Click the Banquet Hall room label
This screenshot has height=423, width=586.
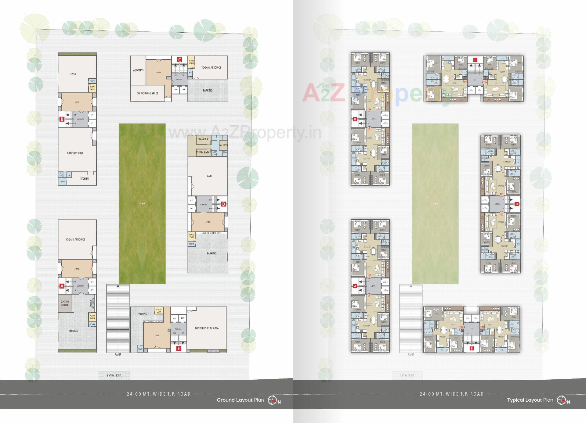tap(75, 153)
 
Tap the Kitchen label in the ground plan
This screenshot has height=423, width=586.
tap(84, 178)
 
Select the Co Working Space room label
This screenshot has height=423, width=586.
tap(147, 93)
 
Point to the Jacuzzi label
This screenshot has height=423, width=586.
tap(223, 145)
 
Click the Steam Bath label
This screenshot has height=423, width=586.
tap(203, 152)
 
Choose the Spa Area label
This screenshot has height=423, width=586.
tap(203, 139)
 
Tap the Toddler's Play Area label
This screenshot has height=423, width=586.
tap(207, 328)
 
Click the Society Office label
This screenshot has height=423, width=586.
tap(65, 303)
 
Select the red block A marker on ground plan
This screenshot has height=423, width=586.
tap(62, 286)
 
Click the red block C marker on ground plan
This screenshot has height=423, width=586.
tap(179, 60)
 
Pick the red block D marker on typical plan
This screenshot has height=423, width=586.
tap(516, 204)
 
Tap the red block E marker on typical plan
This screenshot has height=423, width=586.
tap(472, 348)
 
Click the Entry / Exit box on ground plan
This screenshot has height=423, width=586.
tap(114, 375)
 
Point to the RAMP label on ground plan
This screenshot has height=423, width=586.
tap(118, 354)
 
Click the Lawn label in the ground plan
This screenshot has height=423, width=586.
tap(142, 203)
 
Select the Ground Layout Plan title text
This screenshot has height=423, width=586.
tap(240, 400)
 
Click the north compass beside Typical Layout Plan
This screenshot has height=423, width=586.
tap(562, 400)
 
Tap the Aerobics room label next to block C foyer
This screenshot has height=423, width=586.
tap(138, 70)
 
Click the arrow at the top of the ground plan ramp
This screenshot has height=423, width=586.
tap(118, 286)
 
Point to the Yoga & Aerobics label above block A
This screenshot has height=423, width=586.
tap(75, 239)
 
